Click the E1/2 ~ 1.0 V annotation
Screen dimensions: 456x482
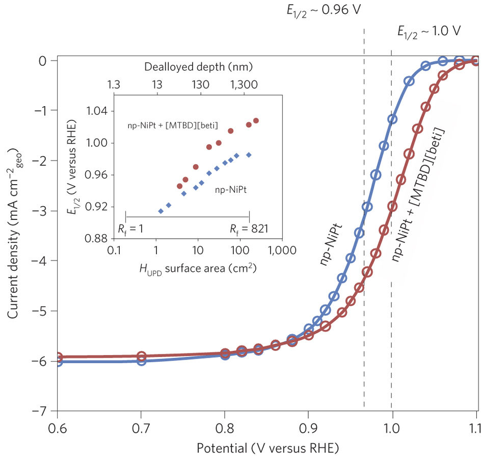[429, 31]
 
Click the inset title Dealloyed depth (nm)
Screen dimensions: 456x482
[199, 67]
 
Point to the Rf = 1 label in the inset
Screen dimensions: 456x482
[128, 228]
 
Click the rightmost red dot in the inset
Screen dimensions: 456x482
[256, 120]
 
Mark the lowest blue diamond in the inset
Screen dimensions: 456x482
[160, 211]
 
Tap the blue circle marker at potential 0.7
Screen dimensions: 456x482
[141, 361]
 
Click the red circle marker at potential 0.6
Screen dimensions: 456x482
[58, 357]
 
